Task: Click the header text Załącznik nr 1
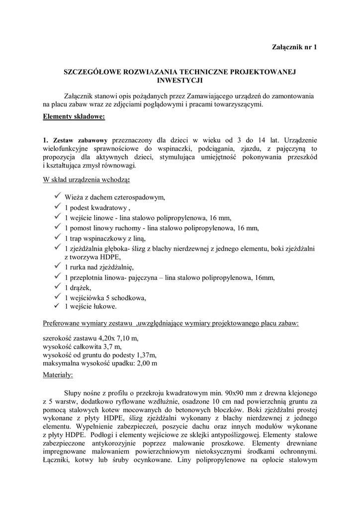(294, 47)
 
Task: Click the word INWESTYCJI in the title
(180, 80)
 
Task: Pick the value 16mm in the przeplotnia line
(265, 277)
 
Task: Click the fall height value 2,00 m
(148, 363)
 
